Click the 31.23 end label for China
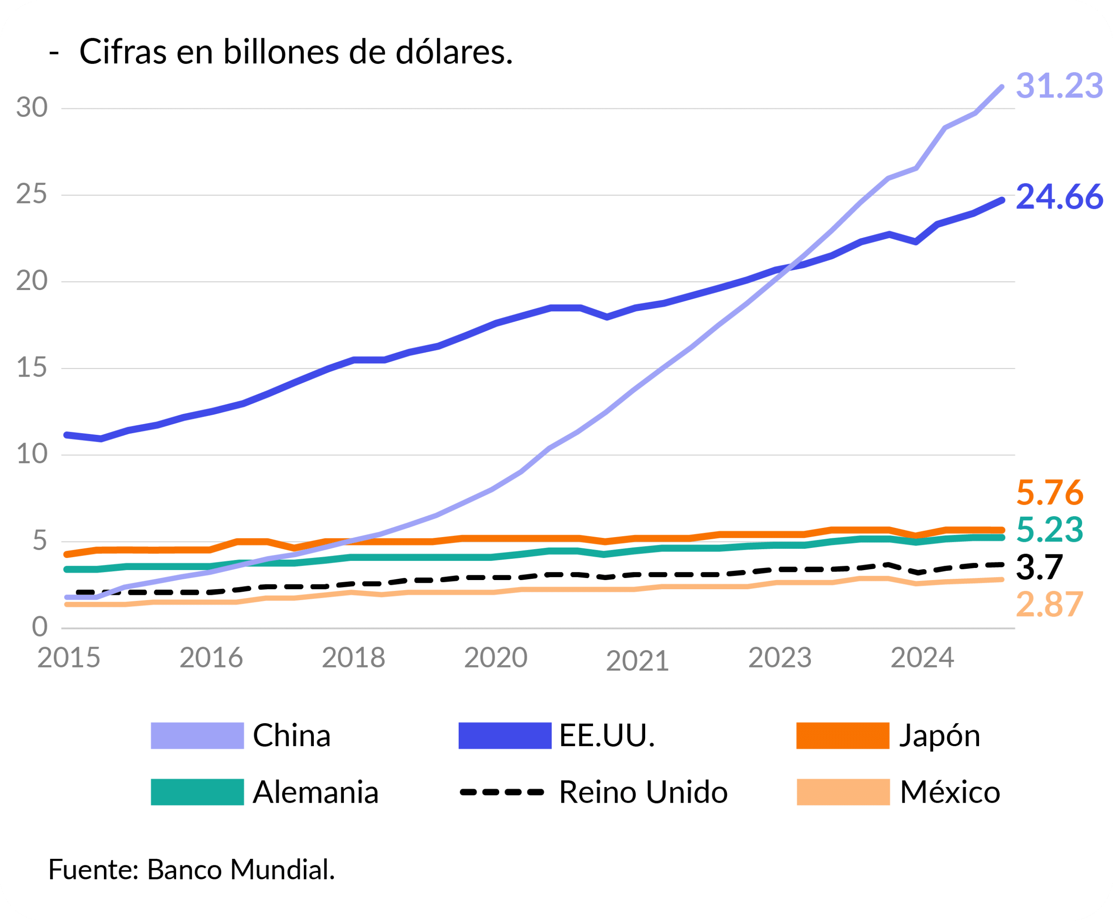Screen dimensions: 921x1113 pyautogui.click(x=1059, y=86)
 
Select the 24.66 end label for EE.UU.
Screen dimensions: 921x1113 pyautogui.click(x=1059, y=197)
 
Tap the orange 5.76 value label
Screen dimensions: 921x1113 pyautogui.click(x=1050, y=493)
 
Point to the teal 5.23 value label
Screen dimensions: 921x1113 pyautogui.click(x=1050, y=530)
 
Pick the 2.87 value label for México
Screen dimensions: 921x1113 pyautogui.click(x=1050, y=604)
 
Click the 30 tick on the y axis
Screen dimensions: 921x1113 pyautogui.click(x=32, y=108)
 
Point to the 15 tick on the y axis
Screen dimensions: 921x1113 pyautogui.click(x=32, y=367)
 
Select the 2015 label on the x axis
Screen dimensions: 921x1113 pyautogui.click(x=69, y=658)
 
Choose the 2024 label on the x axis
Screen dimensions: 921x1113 pyautogui.click(x=922, y=658)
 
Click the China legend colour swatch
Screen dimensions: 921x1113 pyautogui.click(x=197, y=735)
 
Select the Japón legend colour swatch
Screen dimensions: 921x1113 pyautogui.click(x=843, y=735)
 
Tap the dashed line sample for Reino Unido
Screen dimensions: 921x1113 pyautogui.click(x=502, y=792)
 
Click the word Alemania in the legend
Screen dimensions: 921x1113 pyautogui.click(x=316, y=793)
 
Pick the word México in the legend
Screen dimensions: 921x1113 pyautogui.click(x=950, y=793)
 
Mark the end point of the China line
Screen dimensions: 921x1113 pyautogui.click(x=1001, y=87)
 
